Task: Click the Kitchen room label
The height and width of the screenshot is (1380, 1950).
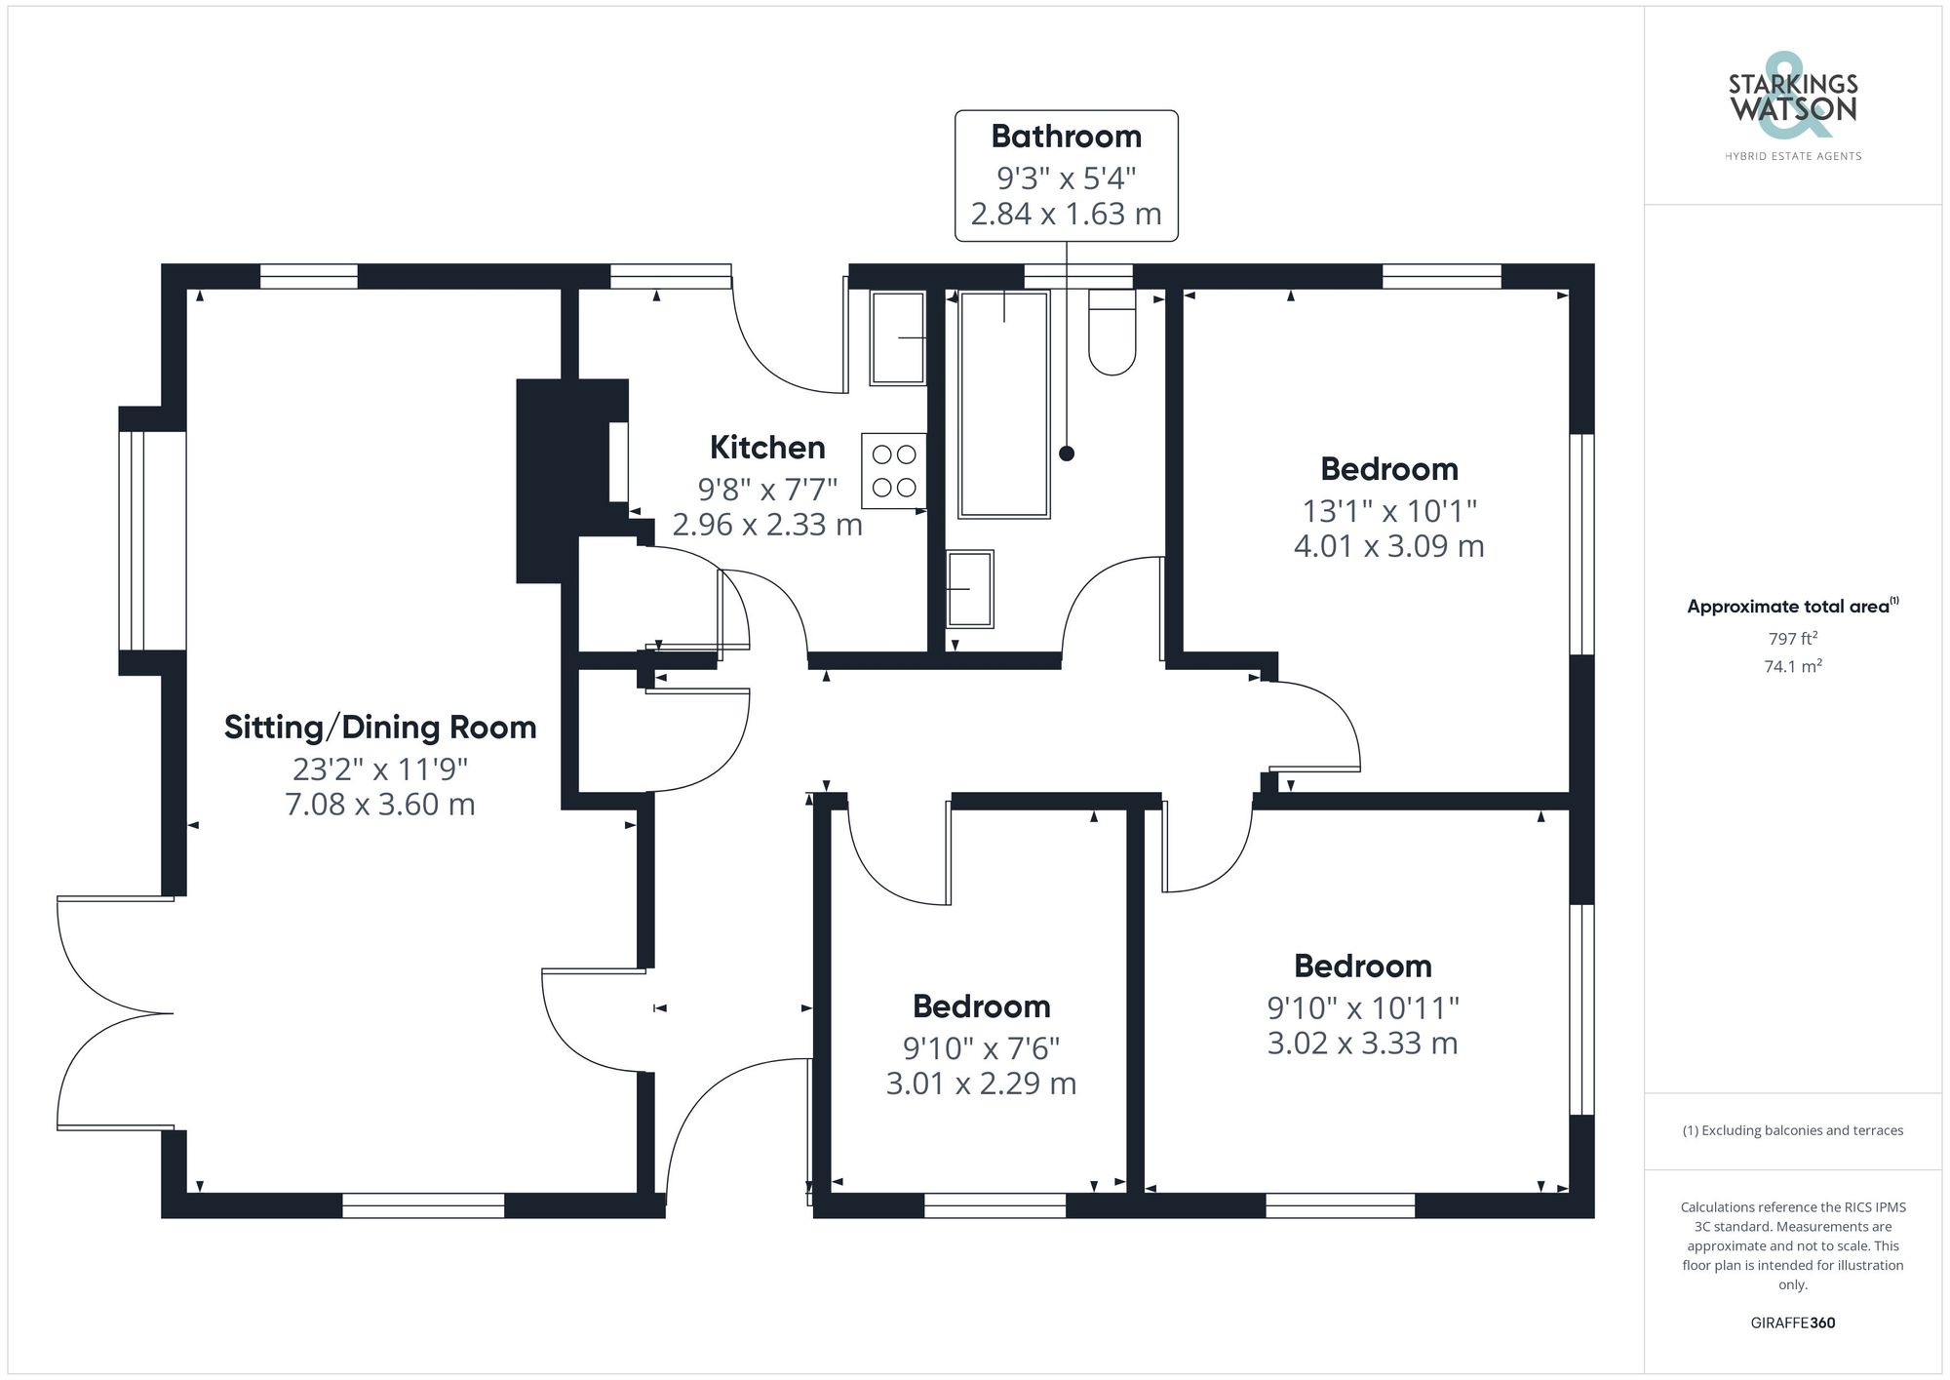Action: click(x=767, y=448)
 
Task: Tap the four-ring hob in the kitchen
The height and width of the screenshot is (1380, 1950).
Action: click(x=893, y=470)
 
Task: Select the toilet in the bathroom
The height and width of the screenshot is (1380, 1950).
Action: click(x=1112, y=333)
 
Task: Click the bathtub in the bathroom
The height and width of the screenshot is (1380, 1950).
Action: click(x=1003, y=404)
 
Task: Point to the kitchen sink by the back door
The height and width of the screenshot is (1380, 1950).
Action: click(x=898, y=338)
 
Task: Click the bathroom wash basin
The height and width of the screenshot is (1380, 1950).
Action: click(x=970, y=589)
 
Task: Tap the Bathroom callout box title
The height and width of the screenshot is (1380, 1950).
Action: click(x=1066, y=137)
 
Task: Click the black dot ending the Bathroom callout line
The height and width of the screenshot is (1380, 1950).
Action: click(x=1067, y=453)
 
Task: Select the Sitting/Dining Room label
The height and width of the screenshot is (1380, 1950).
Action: click(x=380, y=728)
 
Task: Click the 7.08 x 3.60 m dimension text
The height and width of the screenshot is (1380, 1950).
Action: click(x=380, y=806)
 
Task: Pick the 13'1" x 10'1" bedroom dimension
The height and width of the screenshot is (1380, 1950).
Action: click(x=1389, y=510)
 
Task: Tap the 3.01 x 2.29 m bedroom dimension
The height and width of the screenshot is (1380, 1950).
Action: click(x=981, y=1084)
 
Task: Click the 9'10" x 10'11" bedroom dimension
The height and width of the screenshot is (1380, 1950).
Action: click(x=1362, y=1007)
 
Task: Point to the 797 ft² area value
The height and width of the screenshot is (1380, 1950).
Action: click(x=1792, y=639)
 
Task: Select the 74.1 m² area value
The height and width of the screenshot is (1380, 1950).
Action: click(x=1792, y=666)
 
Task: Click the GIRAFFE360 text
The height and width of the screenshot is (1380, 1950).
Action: click(x=1792, y=1322)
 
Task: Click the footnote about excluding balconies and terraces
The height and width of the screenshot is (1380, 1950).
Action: click(x=1792, y=1130)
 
